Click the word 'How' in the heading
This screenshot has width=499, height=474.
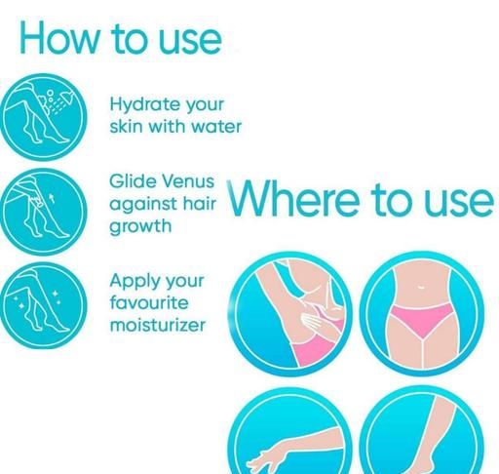tap(59, 38)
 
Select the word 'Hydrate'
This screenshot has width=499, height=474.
tap(145, 104)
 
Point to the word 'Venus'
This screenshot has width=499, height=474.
tap(188, 181)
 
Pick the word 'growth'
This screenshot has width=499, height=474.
tap(140, 226)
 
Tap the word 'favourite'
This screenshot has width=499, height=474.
tap(149, 302)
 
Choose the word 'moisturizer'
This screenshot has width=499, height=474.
tap(158, 325)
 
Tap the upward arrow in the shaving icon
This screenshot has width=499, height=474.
tap(51, 198)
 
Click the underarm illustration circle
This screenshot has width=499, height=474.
tap(289, 314)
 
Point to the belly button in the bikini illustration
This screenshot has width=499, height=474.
tap(420, 287)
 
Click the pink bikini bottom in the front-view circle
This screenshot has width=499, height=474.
tap(422, 320)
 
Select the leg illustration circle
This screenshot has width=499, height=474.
tap(422, 430)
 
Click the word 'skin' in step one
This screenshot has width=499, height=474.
tap(126, 126)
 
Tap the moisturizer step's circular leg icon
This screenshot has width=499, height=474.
tap(44, 305)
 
